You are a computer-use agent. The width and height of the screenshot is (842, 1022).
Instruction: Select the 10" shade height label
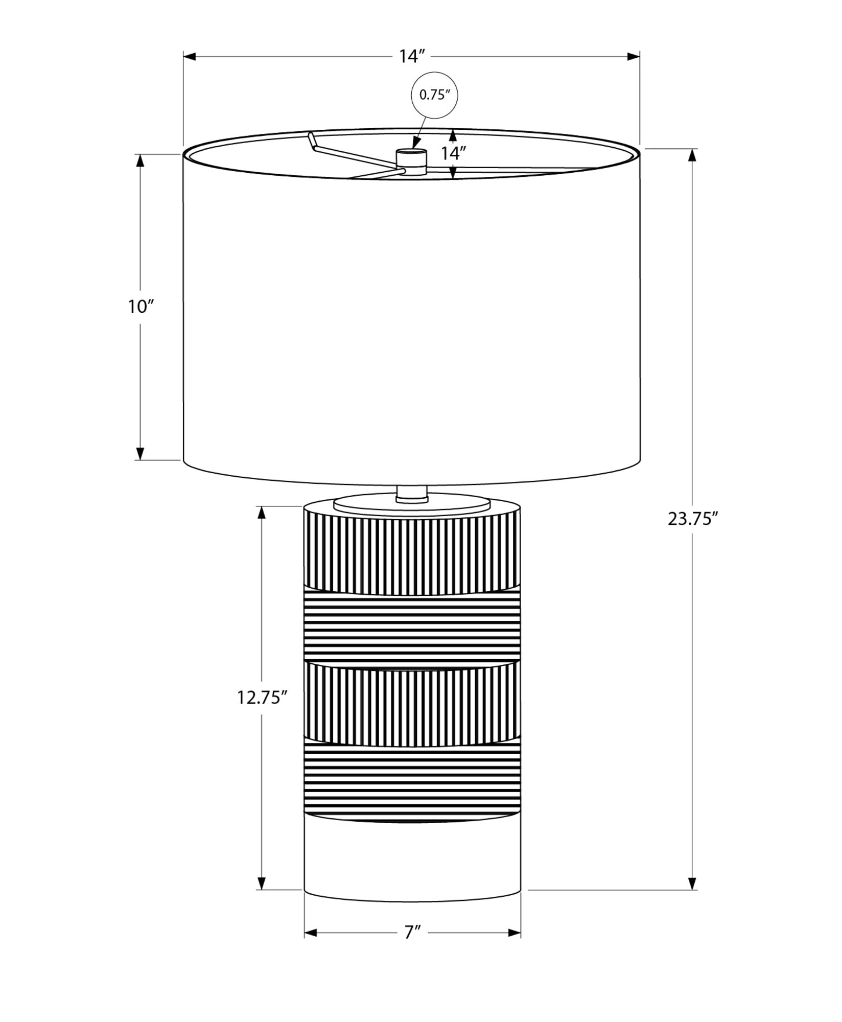(141, 307)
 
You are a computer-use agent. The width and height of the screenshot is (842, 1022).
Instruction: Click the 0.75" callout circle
(434, 95)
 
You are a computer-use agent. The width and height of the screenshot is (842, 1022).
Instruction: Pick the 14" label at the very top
(412, 56)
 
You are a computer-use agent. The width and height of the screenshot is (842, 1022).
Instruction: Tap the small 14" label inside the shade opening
(453, 153)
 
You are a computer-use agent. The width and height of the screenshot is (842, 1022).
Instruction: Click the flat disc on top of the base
(412, 504)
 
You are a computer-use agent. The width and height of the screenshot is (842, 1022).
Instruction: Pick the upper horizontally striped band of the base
(412, 628)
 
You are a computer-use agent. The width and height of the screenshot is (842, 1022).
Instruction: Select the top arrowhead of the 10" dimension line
(141, 160)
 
